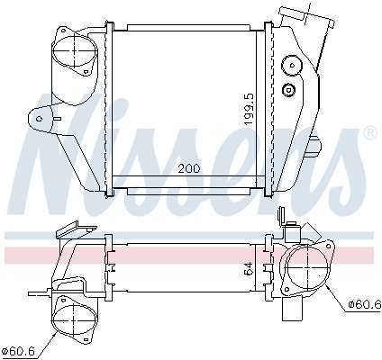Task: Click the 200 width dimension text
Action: [188, 168]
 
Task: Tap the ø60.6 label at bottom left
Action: [18, 349]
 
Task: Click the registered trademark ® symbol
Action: [369, 133]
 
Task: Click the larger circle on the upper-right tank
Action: [292, 66]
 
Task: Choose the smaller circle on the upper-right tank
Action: [288, 89]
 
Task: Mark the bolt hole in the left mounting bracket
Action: [39, 117]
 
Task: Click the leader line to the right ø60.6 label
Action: [335, 295]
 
